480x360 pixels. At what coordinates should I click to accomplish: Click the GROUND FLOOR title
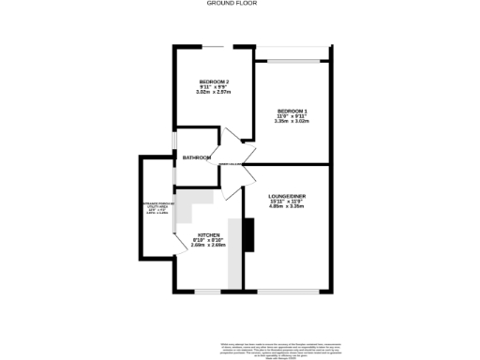[x=231, y=4]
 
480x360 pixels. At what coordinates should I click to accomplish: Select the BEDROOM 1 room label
[x=291, y=111]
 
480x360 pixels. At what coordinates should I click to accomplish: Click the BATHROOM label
[x=196, y=157]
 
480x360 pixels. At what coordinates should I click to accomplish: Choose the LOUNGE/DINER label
[x=288, y=195]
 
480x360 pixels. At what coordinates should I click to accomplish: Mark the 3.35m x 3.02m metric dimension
[x=291, y=121]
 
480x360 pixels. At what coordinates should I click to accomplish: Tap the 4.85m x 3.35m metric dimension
[x=288, y=206]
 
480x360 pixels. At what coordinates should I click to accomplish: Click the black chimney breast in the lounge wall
[x=248, y=234]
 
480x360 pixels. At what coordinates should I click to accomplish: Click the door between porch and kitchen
[x=177, y=243]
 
